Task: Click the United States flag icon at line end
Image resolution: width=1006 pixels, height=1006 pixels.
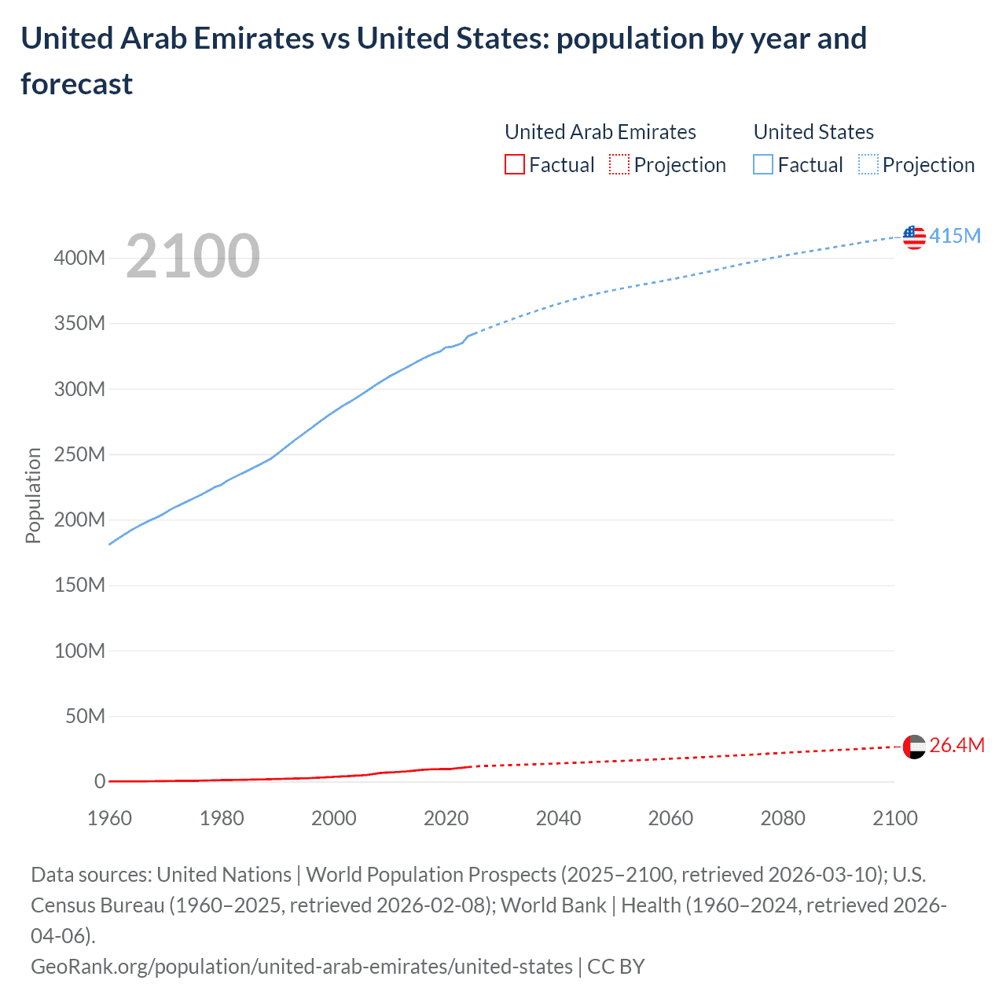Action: click(914, 237)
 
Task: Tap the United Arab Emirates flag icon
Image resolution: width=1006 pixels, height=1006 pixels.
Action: click(914, 746)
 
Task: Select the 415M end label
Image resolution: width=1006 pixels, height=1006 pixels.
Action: click(955, 236)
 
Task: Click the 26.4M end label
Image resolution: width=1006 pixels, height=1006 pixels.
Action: click(956, 745)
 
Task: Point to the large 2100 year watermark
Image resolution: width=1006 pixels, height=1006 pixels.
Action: click(193, 256)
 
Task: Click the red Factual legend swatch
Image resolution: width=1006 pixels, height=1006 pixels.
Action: click(515, 164)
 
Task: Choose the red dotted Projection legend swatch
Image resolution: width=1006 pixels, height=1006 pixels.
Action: click(619, 164)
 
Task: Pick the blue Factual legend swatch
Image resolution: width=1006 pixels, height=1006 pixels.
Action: click(763, 164)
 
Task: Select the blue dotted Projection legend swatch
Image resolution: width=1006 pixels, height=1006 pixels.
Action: click(868, 164)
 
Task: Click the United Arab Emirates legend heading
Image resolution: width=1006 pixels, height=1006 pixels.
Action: click(600, 132)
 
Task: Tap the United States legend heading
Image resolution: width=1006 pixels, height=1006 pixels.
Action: click(813, 132)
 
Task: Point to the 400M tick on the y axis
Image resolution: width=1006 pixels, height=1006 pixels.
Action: click(79, 259)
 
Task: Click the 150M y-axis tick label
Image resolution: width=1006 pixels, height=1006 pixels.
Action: click(79, 586)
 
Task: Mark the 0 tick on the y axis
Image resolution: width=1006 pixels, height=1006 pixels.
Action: click(100, 781)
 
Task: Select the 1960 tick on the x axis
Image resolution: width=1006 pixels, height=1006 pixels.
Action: click(109, 818)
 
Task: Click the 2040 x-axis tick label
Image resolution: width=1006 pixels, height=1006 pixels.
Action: click(558, 818)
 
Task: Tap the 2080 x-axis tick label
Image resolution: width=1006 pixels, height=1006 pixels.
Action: click(783, 818)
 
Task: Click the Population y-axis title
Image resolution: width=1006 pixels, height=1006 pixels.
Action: click(33, 495)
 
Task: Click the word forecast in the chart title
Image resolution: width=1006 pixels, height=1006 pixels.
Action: click(77, 84)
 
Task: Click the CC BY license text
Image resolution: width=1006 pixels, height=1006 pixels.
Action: click(616, 966)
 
